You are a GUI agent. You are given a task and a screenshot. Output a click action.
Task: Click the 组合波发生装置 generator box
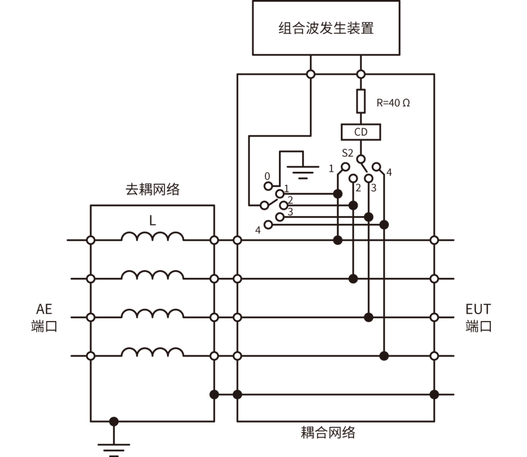(326, 28)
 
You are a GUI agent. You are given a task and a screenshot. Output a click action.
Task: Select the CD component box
(361, 132)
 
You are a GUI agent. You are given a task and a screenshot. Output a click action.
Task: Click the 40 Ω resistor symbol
(361, 101)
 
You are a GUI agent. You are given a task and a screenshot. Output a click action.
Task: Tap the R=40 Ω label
(393, 102)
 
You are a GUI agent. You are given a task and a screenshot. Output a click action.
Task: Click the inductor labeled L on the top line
(152, 237)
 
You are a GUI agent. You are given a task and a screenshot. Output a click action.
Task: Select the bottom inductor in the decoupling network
(152, 353)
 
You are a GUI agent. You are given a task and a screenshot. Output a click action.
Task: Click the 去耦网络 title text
(152, 189)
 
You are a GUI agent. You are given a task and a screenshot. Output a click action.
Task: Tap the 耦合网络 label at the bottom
(328, 432)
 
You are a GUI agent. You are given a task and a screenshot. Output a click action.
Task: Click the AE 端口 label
(44, 318)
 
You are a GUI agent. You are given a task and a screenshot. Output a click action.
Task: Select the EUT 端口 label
(478, 318)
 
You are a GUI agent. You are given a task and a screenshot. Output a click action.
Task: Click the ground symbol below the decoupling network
(114, 446)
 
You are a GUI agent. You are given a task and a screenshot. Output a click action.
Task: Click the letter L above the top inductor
(152, 221)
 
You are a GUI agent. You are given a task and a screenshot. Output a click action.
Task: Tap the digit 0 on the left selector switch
(267, 176)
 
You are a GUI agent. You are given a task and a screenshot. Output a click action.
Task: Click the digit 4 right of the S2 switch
(389, 172)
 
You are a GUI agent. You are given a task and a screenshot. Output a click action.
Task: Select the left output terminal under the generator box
(310, 74)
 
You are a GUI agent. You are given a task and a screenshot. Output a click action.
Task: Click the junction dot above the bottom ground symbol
(114, 421)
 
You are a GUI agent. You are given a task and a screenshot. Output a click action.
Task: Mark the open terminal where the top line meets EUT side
(434, 240)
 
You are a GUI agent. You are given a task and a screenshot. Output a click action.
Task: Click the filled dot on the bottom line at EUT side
(434, 394)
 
